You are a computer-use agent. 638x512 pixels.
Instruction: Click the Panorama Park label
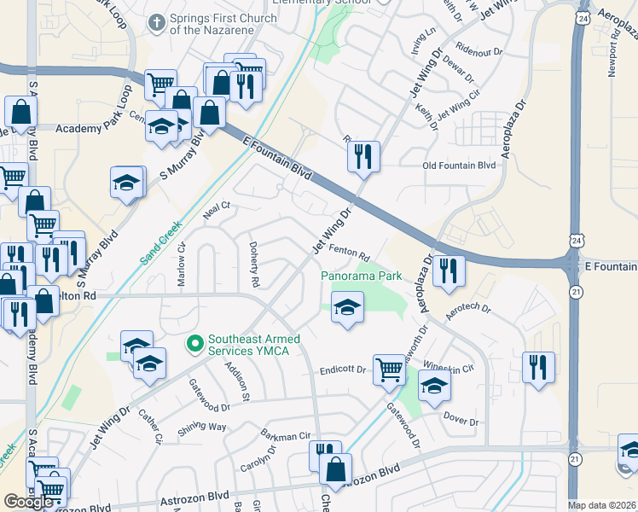click(x=361, y=276)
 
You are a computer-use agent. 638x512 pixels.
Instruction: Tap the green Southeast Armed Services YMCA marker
click(x=194, y=344)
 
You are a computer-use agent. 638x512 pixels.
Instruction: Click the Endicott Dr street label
click(x=343, y=370)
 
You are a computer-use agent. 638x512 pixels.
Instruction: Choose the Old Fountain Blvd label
click(x=458, y=166)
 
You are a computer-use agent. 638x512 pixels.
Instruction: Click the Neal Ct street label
click(x=217, y=211)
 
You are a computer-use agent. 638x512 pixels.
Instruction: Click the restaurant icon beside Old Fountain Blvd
click(x=363, y=156)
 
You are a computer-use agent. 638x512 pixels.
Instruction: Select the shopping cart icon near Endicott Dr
click(x=390, y=369)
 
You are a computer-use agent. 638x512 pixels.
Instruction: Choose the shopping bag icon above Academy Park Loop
click(x=20, y=112)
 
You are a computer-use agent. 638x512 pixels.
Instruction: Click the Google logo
click(x=28, y=502)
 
